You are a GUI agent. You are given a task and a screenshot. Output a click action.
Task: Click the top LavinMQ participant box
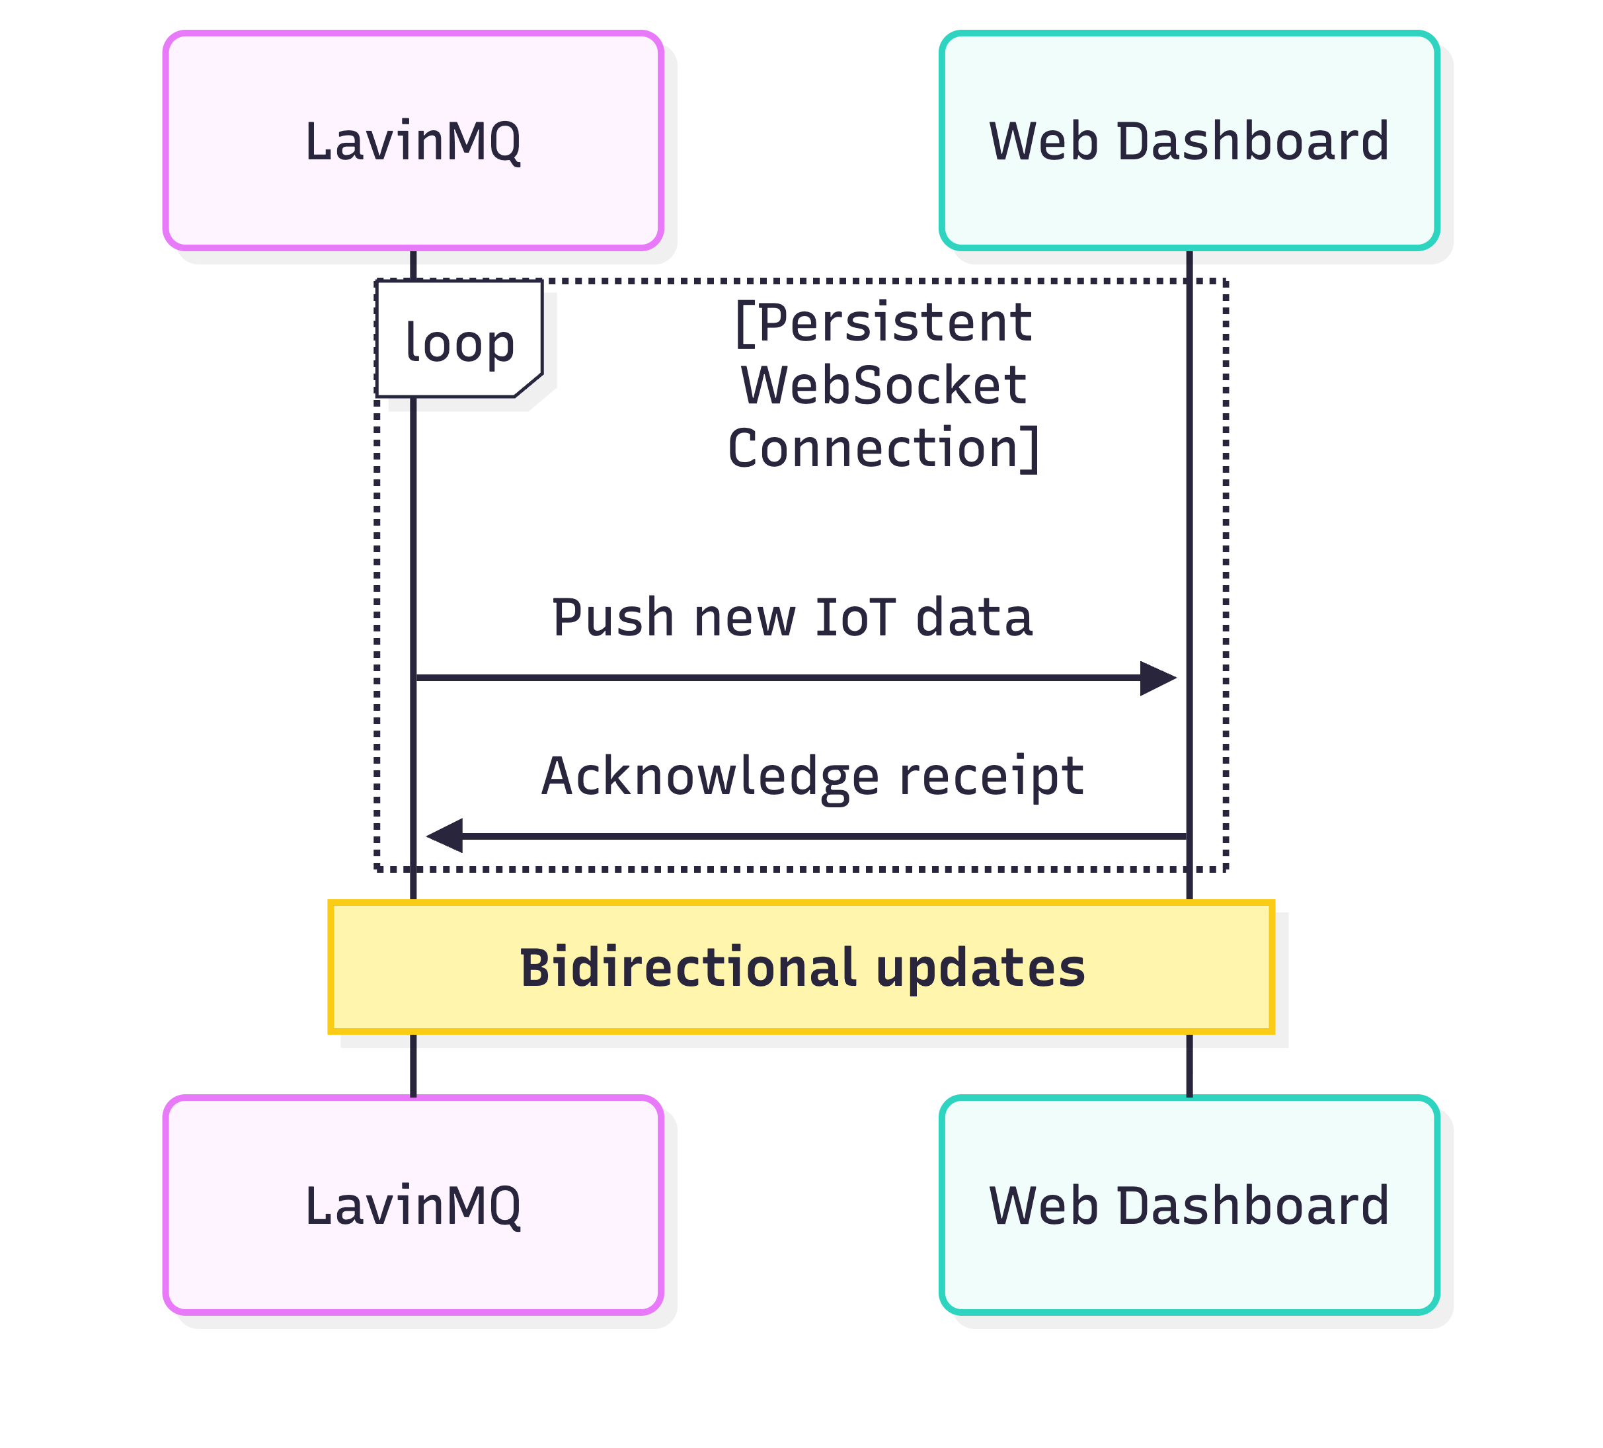pyautogui.click(x=412, y=140)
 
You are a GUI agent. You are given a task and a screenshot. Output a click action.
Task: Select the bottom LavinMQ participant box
pyautogui.click(x=412, y=1205)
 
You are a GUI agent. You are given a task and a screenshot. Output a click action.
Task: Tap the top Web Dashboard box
pyautogui.click(x=1189, y=140)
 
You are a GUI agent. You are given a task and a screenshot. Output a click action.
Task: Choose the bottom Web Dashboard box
pyautogui.click(x=1189, y=1205)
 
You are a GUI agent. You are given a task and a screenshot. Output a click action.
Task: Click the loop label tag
pyautogui.click(x=459, y=341)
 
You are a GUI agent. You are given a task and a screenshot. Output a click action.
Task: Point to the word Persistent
pyautogui.click(x=884, y=323)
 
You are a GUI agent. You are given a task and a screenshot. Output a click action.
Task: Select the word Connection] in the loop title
pyautogui.click(x=883, y=448)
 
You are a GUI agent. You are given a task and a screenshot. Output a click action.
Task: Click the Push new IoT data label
pyautogui.click(x=792, y=617)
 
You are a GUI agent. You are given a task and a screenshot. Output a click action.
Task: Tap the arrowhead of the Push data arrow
pyautogui.click(x=1157, y=678)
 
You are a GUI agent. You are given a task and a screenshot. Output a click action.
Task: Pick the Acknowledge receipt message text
pyautogui.click(x=812, y=776)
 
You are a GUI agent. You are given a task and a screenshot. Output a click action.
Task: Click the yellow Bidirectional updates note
pyautogui.click(x=801, y=967)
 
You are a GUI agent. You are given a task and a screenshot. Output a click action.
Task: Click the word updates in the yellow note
pyautogui.click(x=980, y=969)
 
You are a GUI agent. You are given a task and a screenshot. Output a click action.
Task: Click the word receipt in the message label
pyautogui.click(x=991, y=776)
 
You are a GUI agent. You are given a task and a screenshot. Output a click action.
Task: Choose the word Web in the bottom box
pyautogui.click(x=1044, y=1205)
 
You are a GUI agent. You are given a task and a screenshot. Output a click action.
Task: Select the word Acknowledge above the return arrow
pyautogui.click(x=710, y=776)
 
